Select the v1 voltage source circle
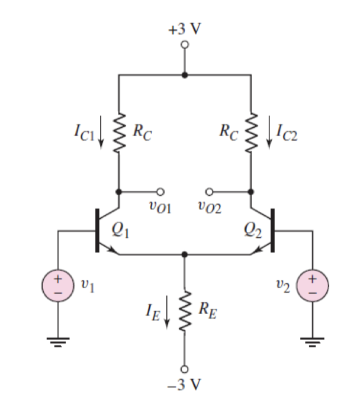57,286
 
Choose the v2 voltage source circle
311,286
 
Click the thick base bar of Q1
97,230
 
